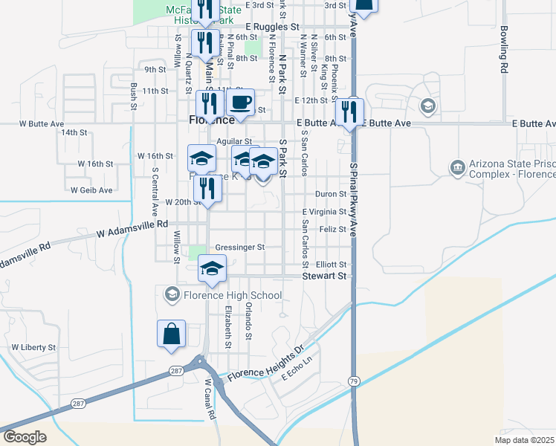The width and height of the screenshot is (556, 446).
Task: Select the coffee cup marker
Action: point(239,103)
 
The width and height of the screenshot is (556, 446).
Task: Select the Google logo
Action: point(25,437)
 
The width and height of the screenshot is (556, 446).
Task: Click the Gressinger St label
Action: point(240,248)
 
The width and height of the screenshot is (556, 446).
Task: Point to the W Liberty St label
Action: point(33,348)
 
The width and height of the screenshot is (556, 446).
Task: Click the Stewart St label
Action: point(325,276)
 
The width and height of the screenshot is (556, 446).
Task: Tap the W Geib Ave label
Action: point(91,190)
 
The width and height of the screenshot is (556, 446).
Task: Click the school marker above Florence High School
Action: point(212,269)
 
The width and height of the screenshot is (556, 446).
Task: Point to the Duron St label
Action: point(331,194)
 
